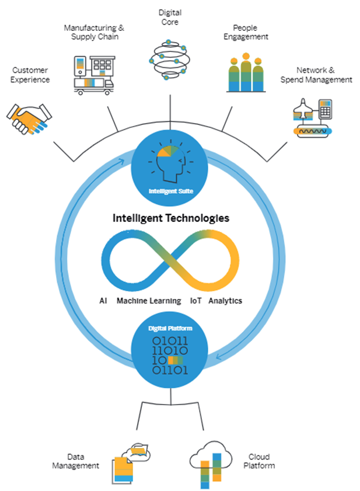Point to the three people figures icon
[x=246, y=73]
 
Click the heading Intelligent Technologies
[x=170, y=218]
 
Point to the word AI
[x=103, y=301]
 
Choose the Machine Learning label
[x=148, y=301]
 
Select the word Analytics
[x=225, y=301]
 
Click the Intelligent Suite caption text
[x=170, y=191]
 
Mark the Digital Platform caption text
[x=170, y=328]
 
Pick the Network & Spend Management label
[x=316, y=75]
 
